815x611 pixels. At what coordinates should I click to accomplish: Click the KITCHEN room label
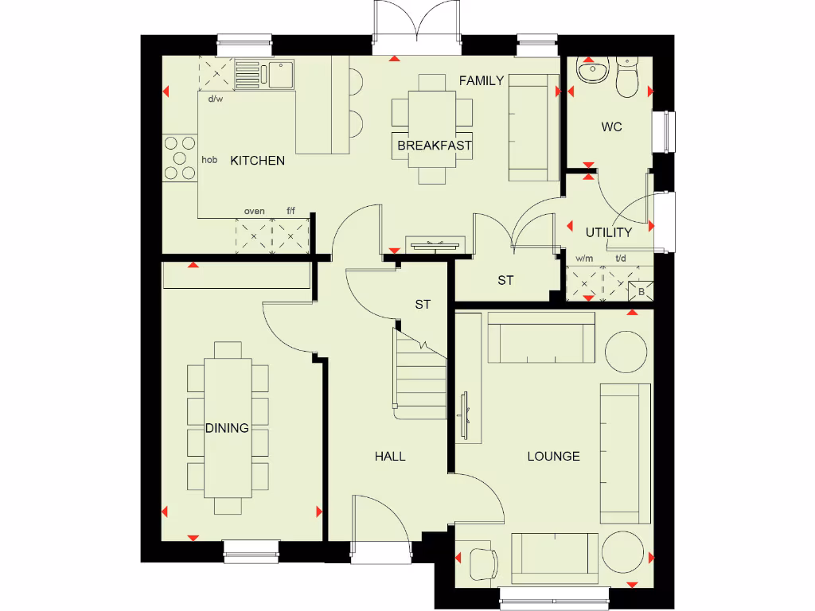click(x=257, y=161)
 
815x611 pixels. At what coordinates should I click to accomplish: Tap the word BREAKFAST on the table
click(x=435, y=146)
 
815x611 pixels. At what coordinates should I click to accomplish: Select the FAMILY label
click(x=482, y=80)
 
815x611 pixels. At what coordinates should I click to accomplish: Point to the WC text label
click(x=611, y=126)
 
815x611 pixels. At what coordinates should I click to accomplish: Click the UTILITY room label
click(x=609, y=232)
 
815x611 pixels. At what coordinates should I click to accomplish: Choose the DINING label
click(x=227, y=428)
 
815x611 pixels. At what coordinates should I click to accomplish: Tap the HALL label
click(x=390, y=456)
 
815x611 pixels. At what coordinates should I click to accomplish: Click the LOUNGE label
click(x=553, y=456)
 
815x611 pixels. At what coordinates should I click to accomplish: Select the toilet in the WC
click(x=628, y=77)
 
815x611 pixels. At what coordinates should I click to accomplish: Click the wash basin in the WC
click(x=591, y=72)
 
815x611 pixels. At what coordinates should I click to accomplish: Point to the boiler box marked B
click(x=641, y=292)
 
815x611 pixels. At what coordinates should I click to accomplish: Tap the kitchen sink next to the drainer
click(x=280, y=75)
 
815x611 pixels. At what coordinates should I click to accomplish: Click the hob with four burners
click(x=179, y=158)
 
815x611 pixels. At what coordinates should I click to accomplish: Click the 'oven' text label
click(x=255, y=211)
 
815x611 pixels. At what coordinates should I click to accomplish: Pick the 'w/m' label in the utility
click(x=584, y=259)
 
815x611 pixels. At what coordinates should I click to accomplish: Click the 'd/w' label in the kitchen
click(x=215, y=99)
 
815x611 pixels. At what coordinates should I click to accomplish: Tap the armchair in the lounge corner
click(x=480, y=564)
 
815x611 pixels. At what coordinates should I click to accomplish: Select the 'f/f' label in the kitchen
click(x=291, y=211)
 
